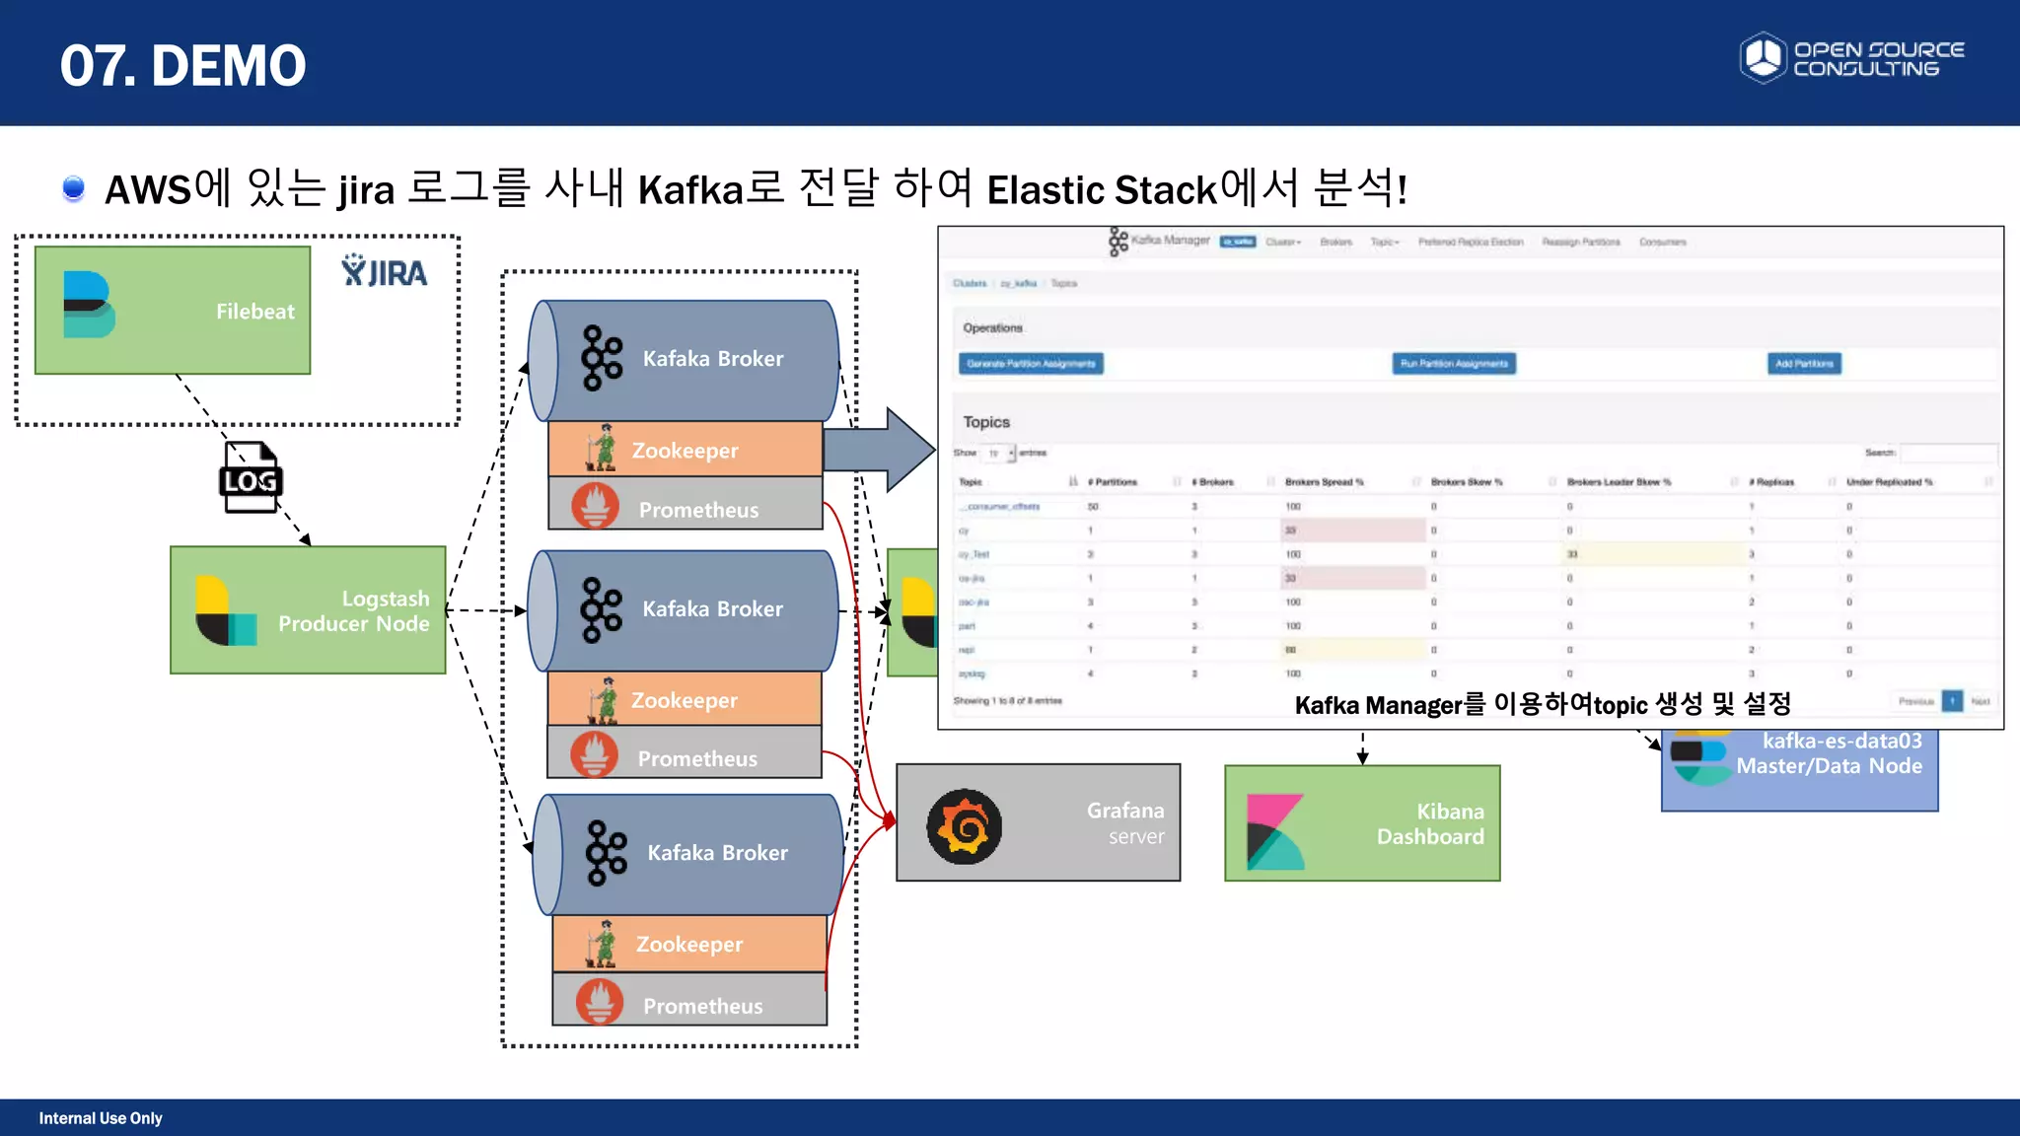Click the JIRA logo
384,271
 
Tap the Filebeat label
254,312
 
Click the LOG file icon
250,478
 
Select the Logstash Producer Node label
354,611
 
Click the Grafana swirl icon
964,826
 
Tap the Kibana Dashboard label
1430,824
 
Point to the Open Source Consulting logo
1851,58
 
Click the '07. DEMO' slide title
183,65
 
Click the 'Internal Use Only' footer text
101,1118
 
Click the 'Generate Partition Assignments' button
1031,364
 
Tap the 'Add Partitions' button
1803,364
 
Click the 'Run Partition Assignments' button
1454,364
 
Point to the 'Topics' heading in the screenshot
986,422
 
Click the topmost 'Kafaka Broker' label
713,359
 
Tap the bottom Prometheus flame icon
600,1002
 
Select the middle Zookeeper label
684,700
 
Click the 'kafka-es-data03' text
1841,741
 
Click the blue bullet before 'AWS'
73,187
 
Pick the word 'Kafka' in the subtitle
690,189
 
